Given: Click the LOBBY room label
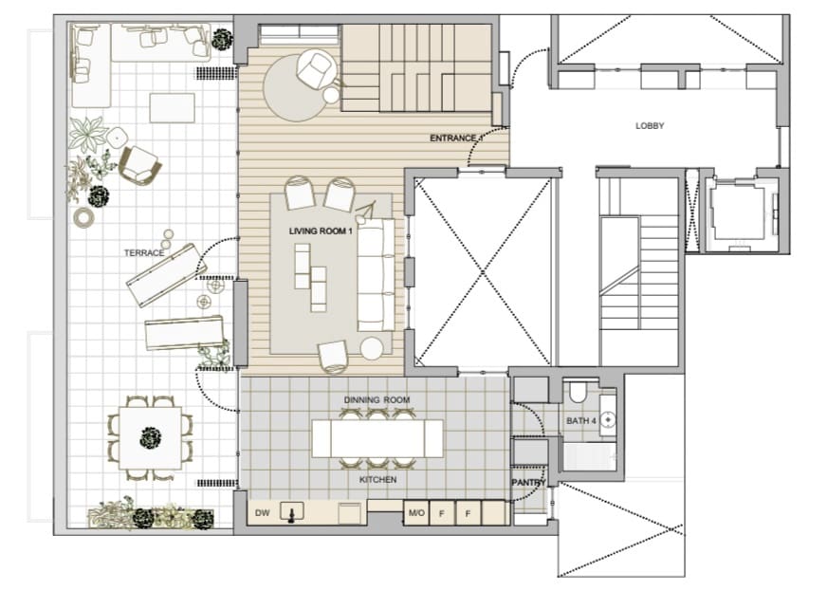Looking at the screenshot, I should (x=650, y=125).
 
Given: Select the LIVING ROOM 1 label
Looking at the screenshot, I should (x=321, y=231).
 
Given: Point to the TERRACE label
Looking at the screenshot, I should (x=144, y=253).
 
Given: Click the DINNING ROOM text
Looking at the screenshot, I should (x=377, y=400).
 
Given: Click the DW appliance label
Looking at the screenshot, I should (x=263, y=513).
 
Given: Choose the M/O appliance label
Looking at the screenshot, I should (x=415, y=513).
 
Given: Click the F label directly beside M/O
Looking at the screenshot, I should (x=442, y=513).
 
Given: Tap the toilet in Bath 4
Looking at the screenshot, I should (x=578, y=393).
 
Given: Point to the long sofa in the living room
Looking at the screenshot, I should (x=376, y=273).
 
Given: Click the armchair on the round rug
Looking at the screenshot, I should (x=314, y=69).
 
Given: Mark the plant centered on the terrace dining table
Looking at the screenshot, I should (x=149, y=437).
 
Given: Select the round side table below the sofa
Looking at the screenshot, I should (x=372, y=348).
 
